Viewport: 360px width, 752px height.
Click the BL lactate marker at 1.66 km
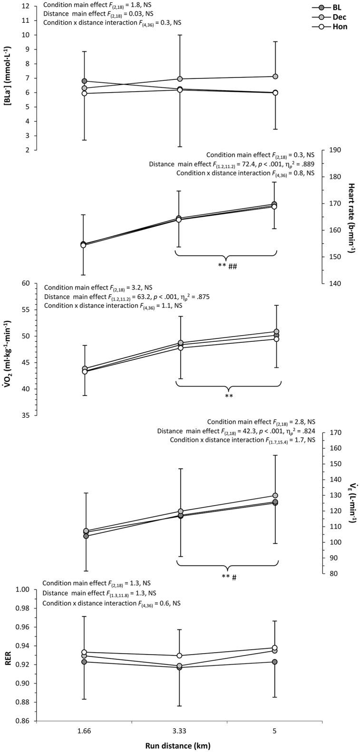(85, 81)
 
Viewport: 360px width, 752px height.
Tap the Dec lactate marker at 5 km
(275, 77)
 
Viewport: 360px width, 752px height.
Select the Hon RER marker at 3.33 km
(179, 656)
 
